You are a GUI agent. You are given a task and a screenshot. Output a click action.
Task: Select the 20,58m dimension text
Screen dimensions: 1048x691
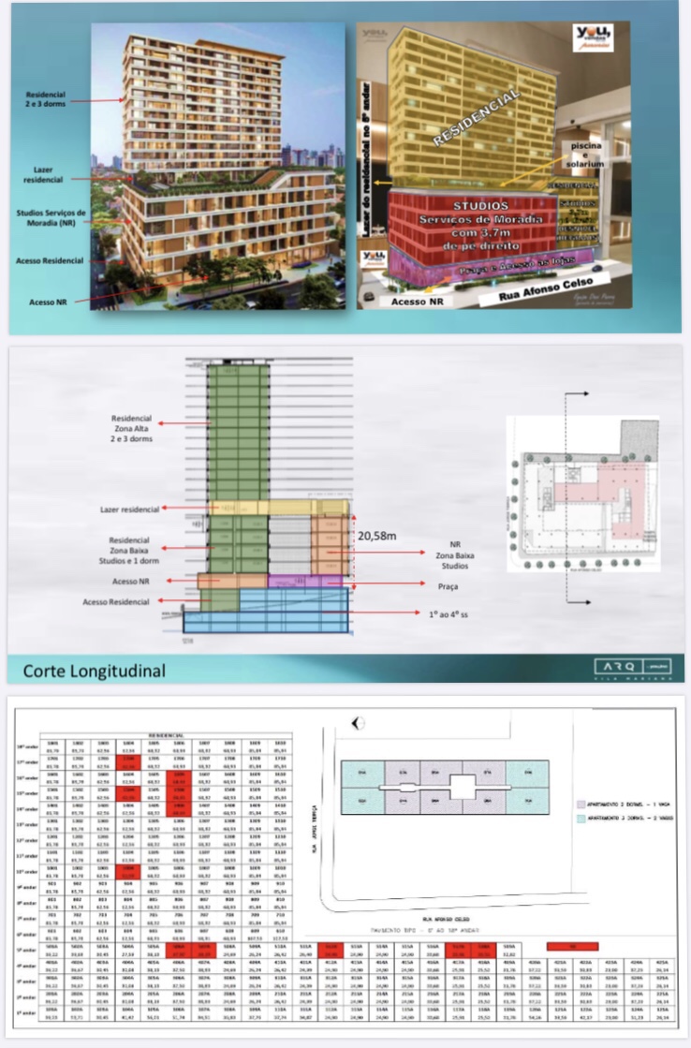pyautogui.click(x=377, y=537)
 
